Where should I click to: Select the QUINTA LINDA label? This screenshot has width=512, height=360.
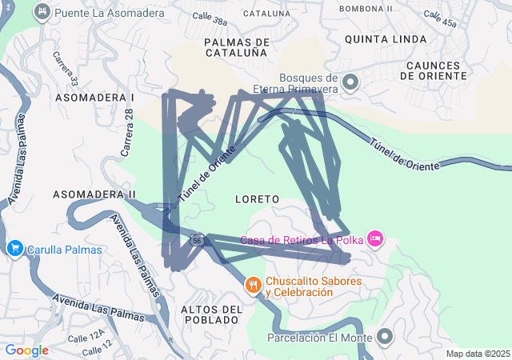coord(379,38)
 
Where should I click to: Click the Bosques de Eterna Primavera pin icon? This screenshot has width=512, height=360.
coord(350,82)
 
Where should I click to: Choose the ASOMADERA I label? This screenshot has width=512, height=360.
coord(94,97)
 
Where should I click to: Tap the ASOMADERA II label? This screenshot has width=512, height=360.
coord(94,194)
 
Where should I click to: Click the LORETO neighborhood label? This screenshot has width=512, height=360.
coord(258,198)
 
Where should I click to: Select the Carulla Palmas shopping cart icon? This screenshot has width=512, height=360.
coord(14,249)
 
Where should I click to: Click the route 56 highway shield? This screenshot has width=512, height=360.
coord(198,239)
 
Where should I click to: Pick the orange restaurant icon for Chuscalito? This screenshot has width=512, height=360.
coord(254,285)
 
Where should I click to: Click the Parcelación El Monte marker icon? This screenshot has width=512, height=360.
coord(385,337)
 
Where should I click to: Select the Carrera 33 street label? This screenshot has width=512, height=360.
coord(69,69)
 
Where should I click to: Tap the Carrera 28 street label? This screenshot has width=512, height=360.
coord(127,132)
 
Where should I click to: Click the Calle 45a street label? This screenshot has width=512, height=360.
coord(440,18)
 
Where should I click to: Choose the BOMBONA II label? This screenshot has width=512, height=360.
coord(366,8)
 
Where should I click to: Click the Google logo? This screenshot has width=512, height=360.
coord(26,350)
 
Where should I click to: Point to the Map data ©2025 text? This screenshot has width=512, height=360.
coord(477,354)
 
